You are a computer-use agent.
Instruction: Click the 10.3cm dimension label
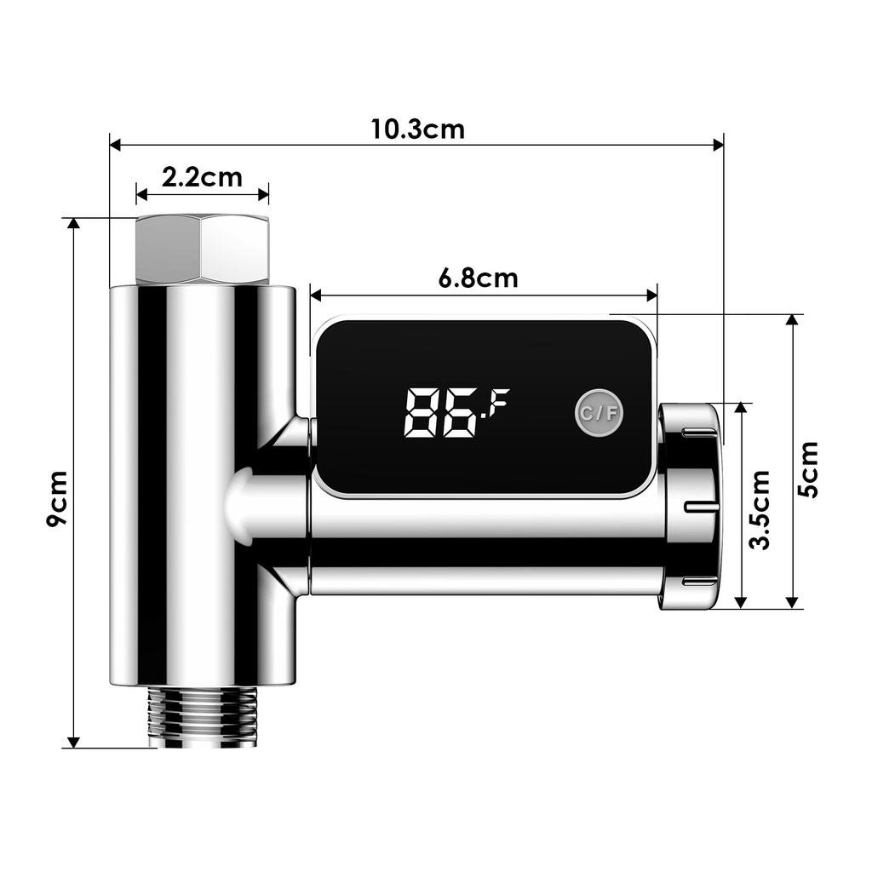pyautogui.click(x=417, y=129)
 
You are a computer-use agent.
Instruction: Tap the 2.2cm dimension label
pyautogui.click(x=202, y=177)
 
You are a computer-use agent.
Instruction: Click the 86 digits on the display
pyautogui.click(x=440, y=413)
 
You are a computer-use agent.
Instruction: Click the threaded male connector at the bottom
pyautogui.click(x=202, y=717)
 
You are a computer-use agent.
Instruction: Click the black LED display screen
pyautogui.click(x=484, y=407)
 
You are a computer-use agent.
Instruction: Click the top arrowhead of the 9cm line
pyautogui.click(x=74, y=225)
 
